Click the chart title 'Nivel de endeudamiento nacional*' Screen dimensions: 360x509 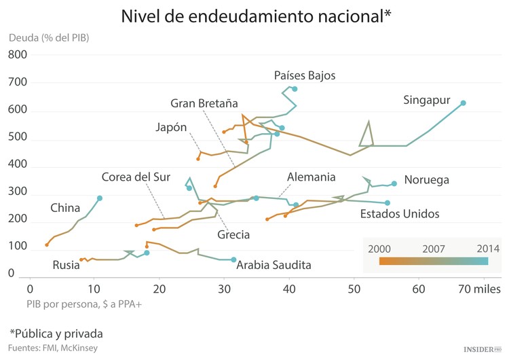point(256,16)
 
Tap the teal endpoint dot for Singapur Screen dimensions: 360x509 point(464,103)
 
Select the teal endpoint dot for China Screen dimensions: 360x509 point(100,198)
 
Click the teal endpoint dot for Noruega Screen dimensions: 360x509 point(394,183)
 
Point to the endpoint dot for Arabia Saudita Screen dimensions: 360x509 point(233,259)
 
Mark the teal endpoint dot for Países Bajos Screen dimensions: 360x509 point(295,89)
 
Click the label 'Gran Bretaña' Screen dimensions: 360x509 point(204,103)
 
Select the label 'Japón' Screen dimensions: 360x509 point(171,127)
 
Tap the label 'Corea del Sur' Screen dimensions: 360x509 point(135,177)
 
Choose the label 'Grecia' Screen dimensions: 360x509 point(233,235)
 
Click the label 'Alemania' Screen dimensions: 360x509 point(311,177)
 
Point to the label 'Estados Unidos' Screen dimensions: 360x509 point(400,214)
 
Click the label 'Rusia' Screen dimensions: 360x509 point(66,265)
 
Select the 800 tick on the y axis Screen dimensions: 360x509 point(18,54)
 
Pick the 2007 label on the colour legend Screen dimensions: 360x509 point(433,249)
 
